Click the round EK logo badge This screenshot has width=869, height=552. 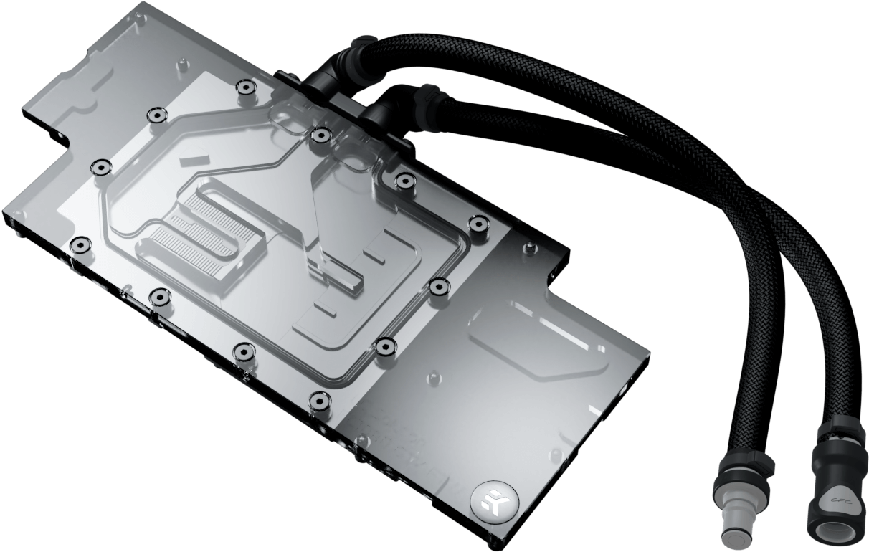(x=492, y=495)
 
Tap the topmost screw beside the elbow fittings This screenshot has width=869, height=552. (x=246, y=87)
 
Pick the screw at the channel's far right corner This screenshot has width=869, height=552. (x=474, y=224)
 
